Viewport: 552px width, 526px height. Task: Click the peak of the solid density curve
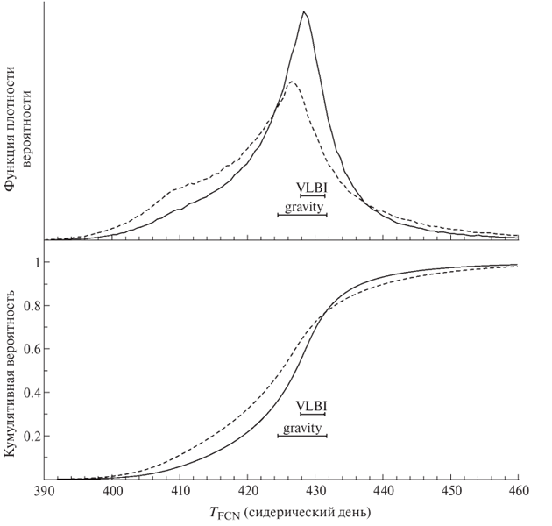pyautogui.click(x=303, y=11)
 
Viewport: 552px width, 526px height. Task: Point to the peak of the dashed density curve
pyautogui.click(x=292, y=82)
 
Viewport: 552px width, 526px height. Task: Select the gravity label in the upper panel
pyautogui.click(x=302, y=208)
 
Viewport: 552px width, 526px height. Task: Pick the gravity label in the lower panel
pyautogui.click(x=302, y=428)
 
